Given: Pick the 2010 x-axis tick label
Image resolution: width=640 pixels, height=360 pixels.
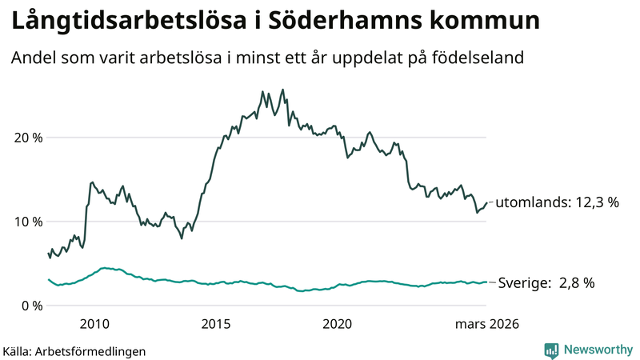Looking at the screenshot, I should (94, 324).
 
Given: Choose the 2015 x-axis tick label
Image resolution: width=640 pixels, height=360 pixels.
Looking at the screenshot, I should (216, 324).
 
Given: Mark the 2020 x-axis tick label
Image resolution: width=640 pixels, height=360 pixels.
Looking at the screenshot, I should (337, 324).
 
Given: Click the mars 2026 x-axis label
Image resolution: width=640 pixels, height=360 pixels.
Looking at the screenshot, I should (486, 324).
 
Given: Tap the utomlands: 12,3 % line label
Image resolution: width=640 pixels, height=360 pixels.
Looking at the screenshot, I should (557, 203).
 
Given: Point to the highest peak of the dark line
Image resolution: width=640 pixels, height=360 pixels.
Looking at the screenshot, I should (282, 90).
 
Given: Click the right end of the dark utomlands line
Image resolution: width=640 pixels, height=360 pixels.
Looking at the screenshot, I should (486, 202).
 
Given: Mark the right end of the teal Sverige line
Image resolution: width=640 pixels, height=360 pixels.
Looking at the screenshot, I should (486, 282).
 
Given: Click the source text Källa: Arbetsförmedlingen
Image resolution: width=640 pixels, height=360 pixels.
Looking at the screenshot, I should (74, 350).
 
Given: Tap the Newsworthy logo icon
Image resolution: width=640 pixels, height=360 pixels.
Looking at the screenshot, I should (551, 350).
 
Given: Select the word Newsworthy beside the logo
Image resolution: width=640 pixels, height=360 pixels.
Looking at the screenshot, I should (598, 350).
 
